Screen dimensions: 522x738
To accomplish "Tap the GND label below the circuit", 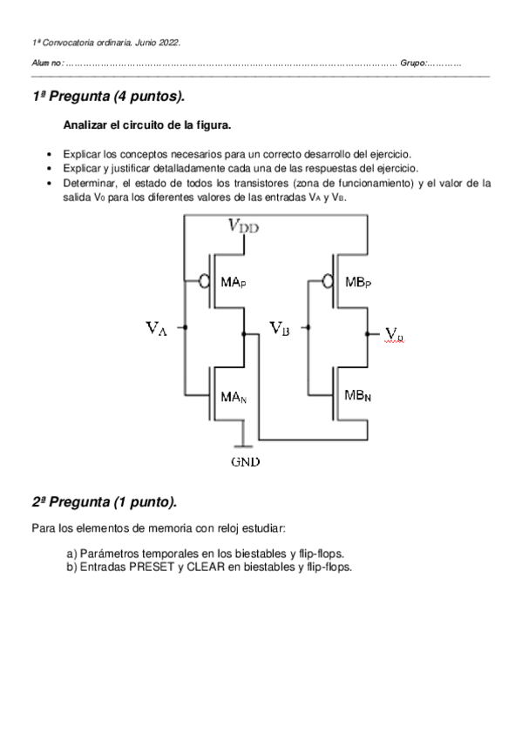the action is coord(244,462).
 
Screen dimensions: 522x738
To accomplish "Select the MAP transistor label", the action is coord(233,283).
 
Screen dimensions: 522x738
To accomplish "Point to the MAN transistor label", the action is coord(233,397).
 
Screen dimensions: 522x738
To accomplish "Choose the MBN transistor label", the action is coord(357,395).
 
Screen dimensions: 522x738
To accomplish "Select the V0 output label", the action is coord(394,333).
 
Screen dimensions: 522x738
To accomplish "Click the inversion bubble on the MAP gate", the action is coord(203,281).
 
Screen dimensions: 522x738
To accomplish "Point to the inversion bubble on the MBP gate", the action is coord(327,281).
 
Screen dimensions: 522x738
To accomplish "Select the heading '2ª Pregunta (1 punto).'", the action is coord(105,502).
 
